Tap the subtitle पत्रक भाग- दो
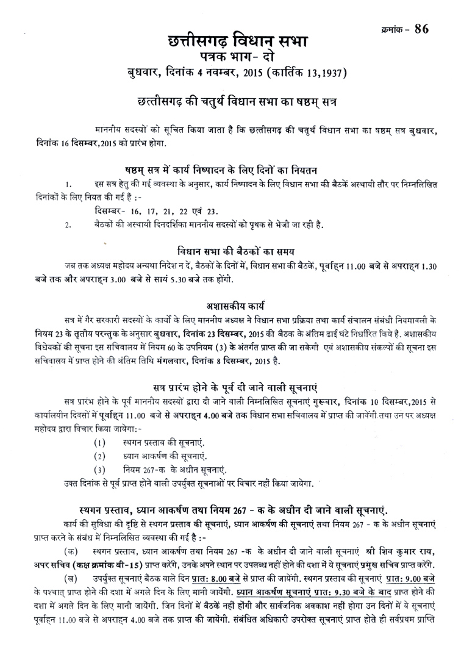point(237,59)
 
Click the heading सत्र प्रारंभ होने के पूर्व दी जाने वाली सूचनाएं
point(237,387)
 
